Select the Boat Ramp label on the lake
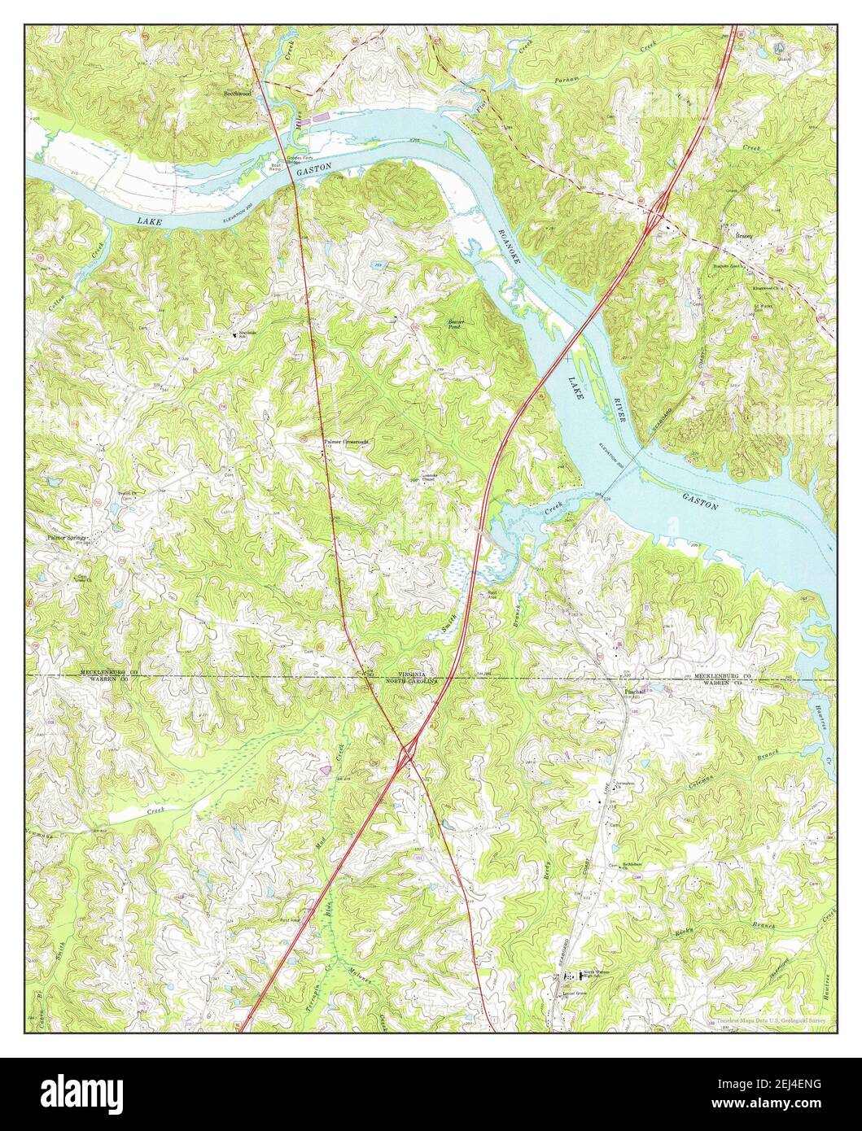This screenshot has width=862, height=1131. point(275,166)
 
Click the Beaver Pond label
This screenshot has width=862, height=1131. point(456,325)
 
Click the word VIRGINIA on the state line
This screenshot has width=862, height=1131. point(414,675)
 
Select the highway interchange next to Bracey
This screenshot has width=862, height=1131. point(658,216)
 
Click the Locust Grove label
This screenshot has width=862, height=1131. point(567,994)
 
